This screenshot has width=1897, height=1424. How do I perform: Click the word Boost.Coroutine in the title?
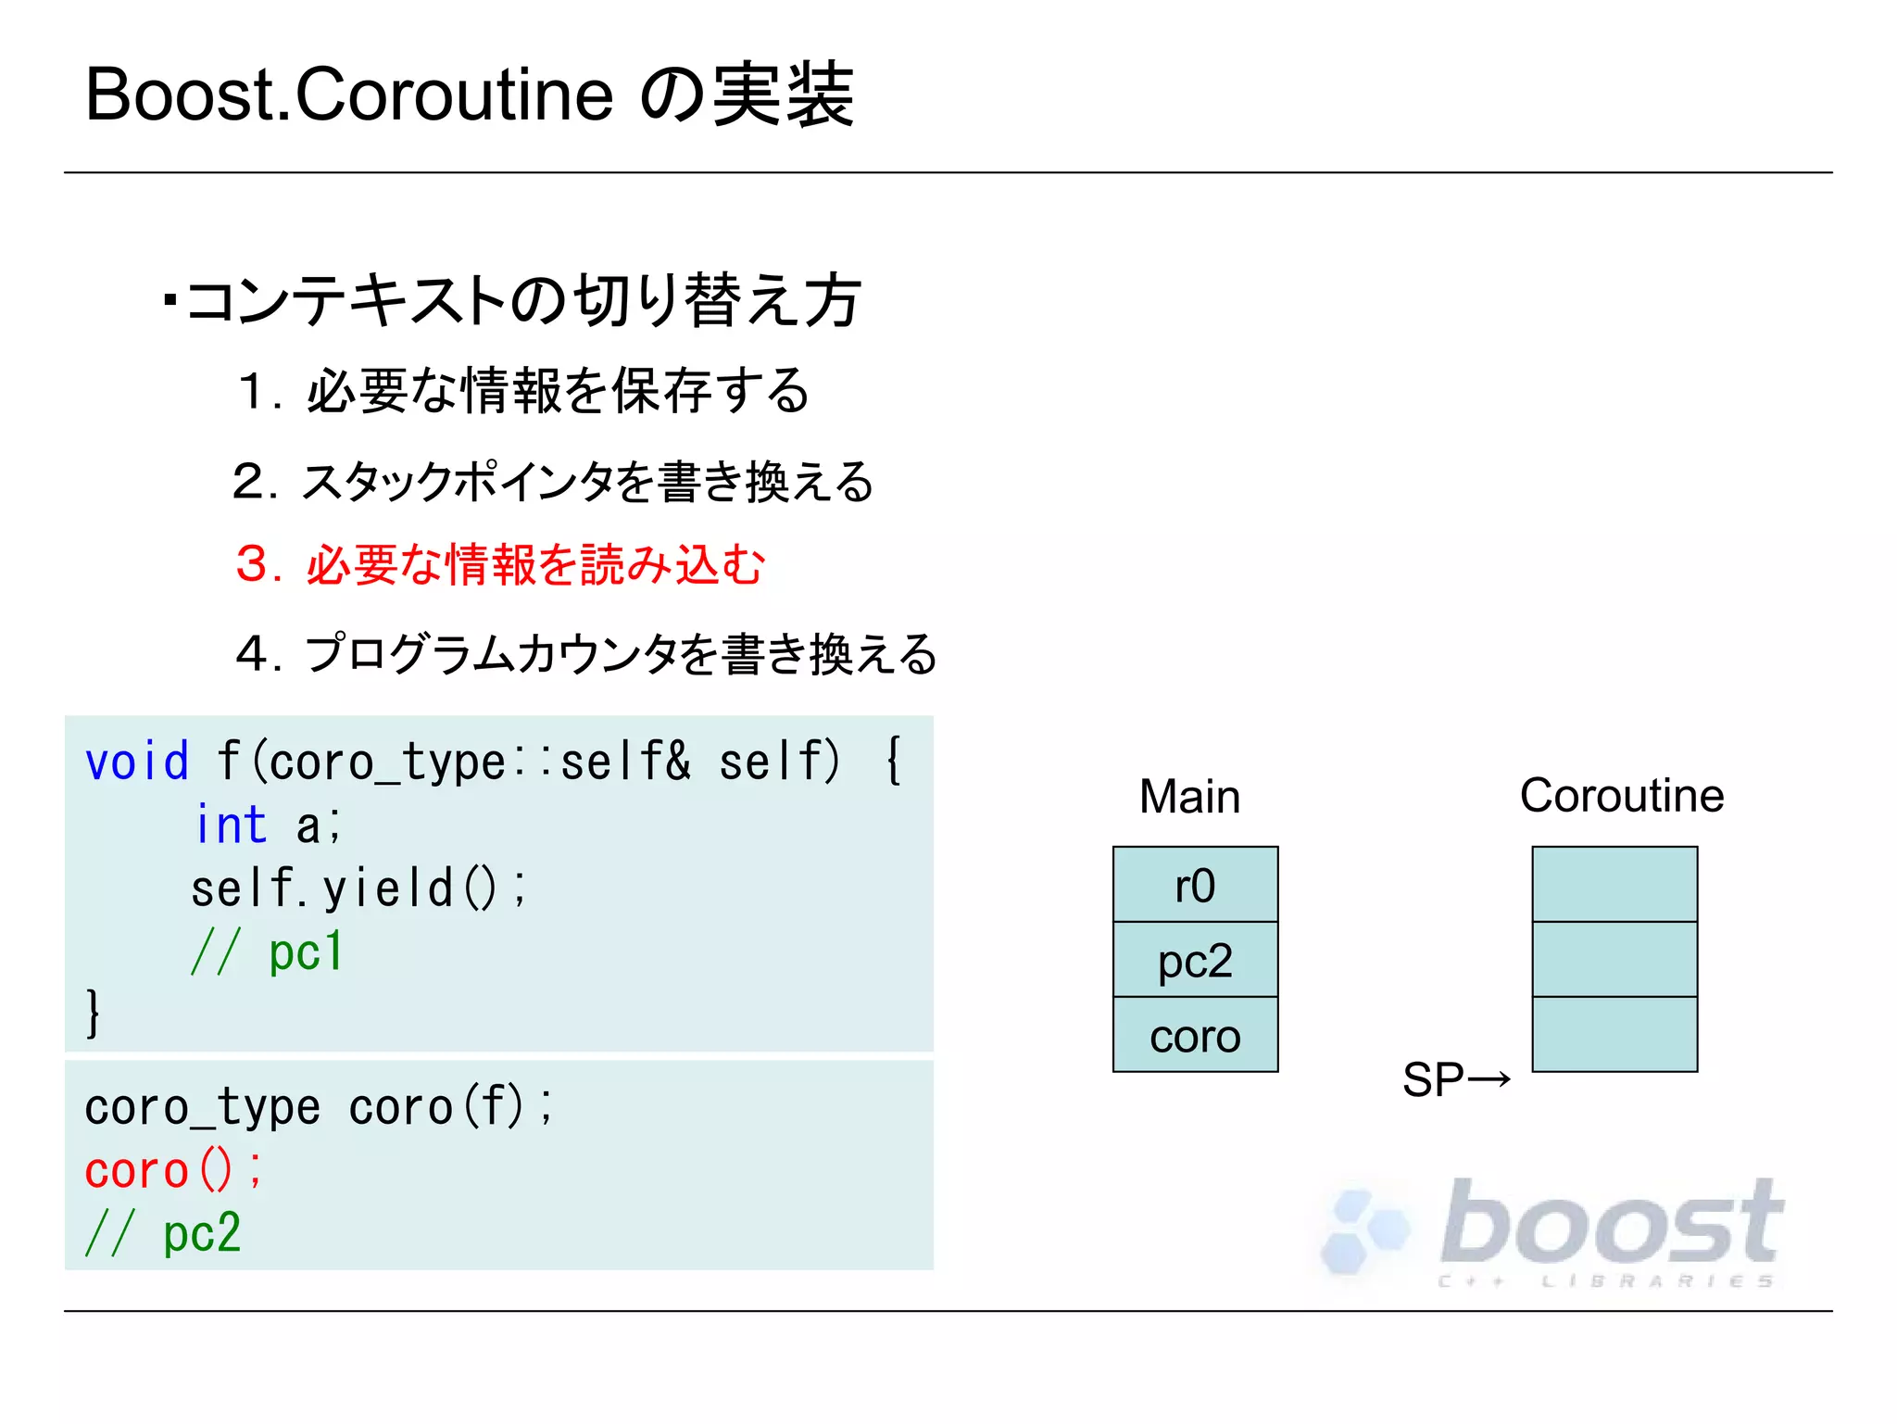pos(348,95)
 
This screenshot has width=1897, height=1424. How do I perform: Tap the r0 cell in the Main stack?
pos(1195,885)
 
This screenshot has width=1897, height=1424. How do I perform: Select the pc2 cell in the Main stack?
pos(1195,960)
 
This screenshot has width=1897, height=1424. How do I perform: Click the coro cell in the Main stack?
pos(1195,1036)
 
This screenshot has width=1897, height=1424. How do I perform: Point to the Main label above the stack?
pos(1189,797)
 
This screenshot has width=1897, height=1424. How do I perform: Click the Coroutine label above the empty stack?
pos(1621,796)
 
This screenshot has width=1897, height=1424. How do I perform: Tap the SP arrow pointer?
pos(1456,1079)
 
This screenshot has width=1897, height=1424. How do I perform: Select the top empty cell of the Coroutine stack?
pos(1614,884)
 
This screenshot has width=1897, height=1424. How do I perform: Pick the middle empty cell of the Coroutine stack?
pos(1614,960)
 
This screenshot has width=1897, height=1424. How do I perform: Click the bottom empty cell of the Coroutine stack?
pos(1614,1035)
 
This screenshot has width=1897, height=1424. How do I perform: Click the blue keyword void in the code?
pos(137,762)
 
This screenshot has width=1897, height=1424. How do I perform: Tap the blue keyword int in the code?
pos(231,825)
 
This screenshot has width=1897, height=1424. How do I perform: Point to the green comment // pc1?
pos(268,951)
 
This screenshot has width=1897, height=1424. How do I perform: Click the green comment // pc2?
pos(163,1233)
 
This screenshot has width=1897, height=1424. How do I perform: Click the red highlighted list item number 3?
pos(252,564)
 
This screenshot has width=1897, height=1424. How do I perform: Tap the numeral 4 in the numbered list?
pos(252,653)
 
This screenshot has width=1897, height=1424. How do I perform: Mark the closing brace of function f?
pos(92,1013)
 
